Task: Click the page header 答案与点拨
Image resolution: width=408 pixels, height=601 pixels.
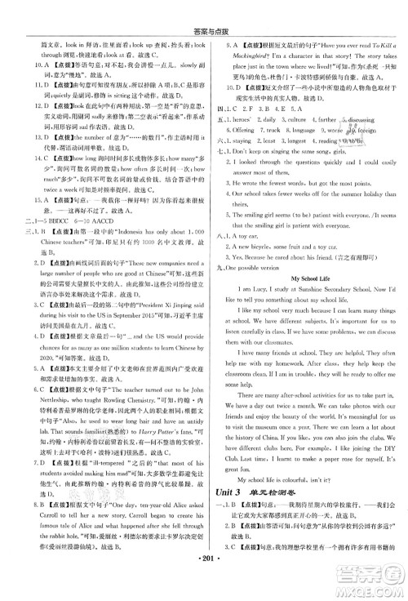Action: [x=203, y=9]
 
